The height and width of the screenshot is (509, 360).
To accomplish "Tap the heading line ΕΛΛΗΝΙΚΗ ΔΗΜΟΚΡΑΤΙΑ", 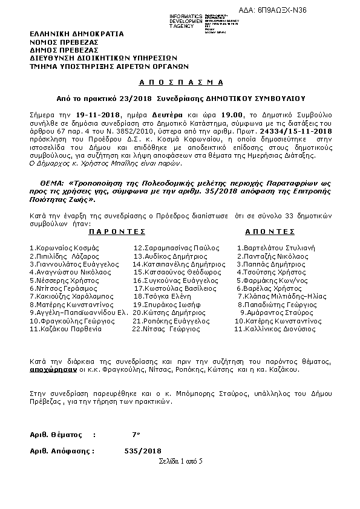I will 77,34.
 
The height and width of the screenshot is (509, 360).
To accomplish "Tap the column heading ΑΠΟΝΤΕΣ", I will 270,231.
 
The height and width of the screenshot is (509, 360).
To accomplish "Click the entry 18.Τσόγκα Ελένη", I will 159,297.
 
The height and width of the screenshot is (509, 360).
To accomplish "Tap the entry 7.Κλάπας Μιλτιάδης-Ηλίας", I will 280,297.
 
